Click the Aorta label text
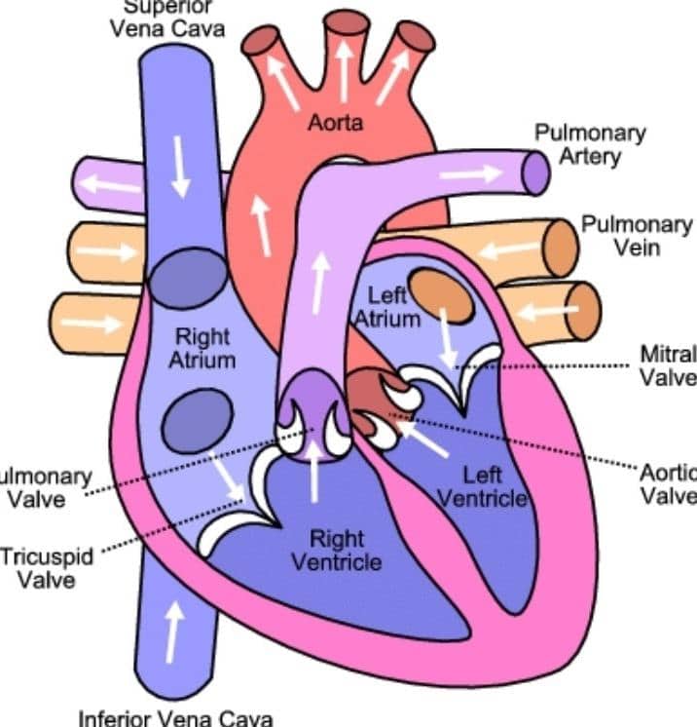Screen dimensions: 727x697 [336, 123]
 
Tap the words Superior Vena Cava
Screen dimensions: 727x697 [166, 17]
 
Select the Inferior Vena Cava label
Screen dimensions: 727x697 [177, 717]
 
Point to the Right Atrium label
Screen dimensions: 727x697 [203, 349]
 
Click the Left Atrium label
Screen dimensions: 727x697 [386, 306]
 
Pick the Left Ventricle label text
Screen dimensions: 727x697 [482, 487]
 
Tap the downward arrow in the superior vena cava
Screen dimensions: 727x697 [180, 167]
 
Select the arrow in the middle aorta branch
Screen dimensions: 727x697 [344, 74]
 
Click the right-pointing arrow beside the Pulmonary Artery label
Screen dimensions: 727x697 [469, 173]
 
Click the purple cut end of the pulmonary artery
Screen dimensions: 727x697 [535, 172]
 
